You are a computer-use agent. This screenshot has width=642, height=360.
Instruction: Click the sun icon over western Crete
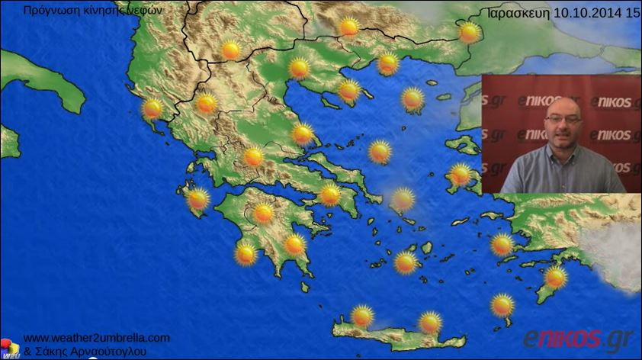point(362,315)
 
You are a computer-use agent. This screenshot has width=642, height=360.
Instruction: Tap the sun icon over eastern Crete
point(431,323)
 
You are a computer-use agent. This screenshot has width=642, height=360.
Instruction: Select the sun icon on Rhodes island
point(555,277)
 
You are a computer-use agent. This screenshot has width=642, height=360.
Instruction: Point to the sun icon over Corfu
point(152,108)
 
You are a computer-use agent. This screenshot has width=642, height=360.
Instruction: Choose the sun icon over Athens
point(329,194)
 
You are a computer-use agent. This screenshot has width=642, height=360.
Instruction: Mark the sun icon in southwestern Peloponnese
point(246,253)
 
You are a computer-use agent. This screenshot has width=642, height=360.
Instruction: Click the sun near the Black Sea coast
point(469,32)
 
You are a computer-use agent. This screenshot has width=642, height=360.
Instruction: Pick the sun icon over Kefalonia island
point(198,199)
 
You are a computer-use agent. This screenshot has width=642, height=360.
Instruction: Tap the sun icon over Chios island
point(460,175)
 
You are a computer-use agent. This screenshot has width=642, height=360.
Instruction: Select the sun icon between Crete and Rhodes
point(502,305)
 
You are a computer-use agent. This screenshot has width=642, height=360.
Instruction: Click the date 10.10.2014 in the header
point(588,13)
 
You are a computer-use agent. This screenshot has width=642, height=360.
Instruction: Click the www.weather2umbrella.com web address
point(97,338)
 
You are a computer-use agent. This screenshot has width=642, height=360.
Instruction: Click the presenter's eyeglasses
point(563,119)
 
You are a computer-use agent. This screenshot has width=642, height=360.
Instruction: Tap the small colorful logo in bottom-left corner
point(9,348)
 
